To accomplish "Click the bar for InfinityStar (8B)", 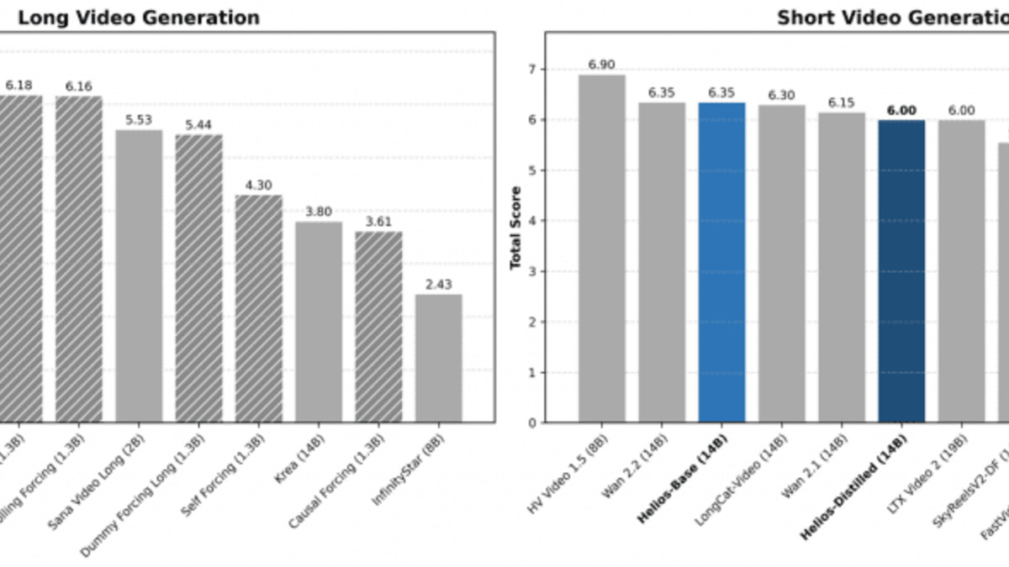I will pos(438,358).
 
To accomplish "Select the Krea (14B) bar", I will pos(319,322).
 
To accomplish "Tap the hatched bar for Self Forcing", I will pos(259,308).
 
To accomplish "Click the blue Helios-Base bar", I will pos(721,262).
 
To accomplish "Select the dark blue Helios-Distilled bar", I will pos(901,270).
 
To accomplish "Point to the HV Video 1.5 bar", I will pos(602,249).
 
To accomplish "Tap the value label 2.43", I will pos(438,285).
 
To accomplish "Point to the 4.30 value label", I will pos(259,186).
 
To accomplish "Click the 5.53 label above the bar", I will pos(139,120).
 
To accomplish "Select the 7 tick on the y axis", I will pos(531,70).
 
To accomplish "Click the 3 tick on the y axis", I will pos(531,271).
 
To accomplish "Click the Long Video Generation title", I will pos(139,18).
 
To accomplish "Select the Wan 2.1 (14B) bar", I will pos(842,267).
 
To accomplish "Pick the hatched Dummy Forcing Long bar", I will pos(198,278).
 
